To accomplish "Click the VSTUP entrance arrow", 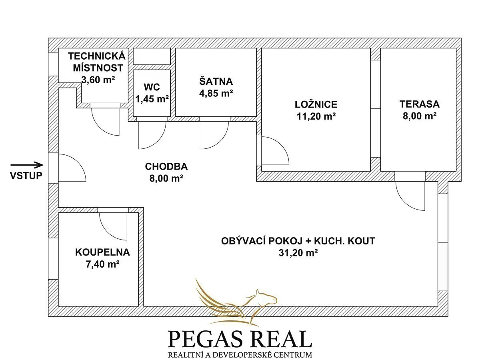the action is click(x=27, y=164).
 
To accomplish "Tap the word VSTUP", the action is click(x=26, y=176).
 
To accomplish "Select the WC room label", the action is click(x=152, y=87).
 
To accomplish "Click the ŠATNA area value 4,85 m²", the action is click(x=216, y=93).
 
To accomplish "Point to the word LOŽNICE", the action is click(x=316, y=104).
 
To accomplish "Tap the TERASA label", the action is click(x=420, y=104).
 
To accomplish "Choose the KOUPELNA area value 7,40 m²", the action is click(x=102, y=264).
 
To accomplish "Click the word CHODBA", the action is click(x=166, y=166).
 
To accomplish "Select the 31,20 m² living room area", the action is click(x=298, y=253).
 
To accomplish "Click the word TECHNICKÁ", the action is click(x=97, y=56).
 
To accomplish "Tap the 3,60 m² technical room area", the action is click(x=98, y=80).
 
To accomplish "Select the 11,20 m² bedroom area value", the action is click(x=316, y=116).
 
